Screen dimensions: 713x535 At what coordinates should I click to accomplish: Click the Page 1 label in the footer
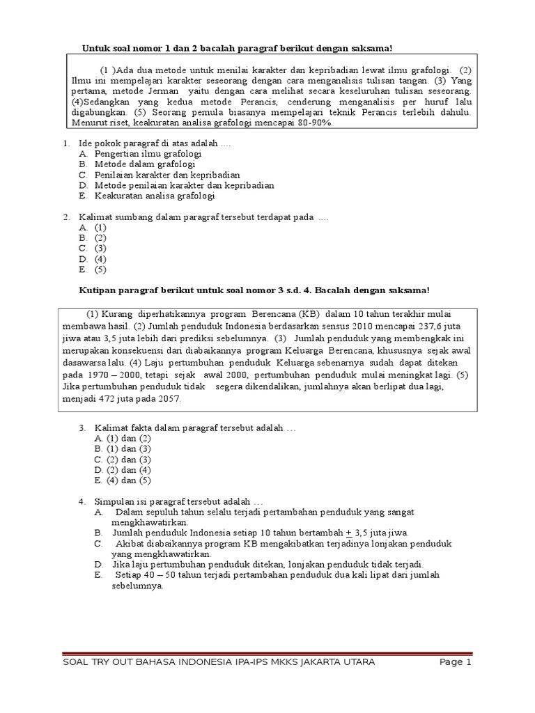pyautogui.click(x=456, y=662)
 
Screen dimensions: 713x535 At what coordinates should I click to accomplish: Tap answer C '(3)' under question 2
pyautogui.click(x=101, y=248)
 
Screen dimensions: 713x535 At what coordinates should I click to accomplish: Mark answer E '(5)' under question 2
pyautogui.click(x=101, y=269)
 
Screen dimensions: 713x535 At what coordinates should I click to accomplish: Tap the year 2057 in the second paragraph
pyautogui.click(x=169, y=398)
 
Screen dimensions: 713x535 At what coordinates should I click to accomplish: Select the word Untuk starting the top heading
pyautogui.click(x=97, y=48)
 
